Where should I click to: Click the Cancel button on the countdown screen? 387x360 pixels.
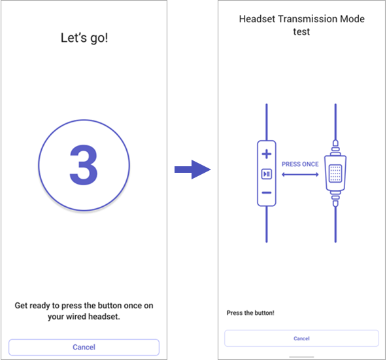click(x=84, y=347)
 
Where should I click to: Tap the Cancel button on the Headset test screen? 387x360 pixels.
click(x=301, y=338)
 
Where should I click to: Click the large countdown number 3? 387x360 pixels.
click(x=84, y=165)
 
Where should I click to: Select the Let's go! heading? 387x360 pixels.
click(x=84, y=38)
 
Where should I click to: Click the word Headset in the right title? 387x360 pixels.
click(x=257, y=19)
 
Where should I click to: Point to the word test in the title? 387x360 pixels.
click(x=301, y=31)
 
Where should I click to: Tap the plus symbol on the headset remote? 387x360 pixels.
click(x=266, y=154)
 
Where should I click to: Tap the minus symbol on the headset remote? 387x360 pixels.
click(x=266, y=192)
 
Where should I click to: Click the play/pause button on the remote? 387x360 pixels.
click(x=266, y=173)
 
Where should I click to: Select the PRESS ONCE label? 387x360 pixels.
click(x=301, y=164)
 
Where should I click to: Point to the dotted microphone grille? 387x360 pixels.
click(x=335, y=174)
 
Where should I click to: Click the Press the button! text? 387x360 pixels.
click(x=250, y=313)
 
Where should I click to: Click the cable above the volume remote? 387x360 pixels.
click(x=266, y=121)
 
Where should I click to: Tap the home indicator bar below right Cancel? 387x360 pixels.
click(x=301, y=357)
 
